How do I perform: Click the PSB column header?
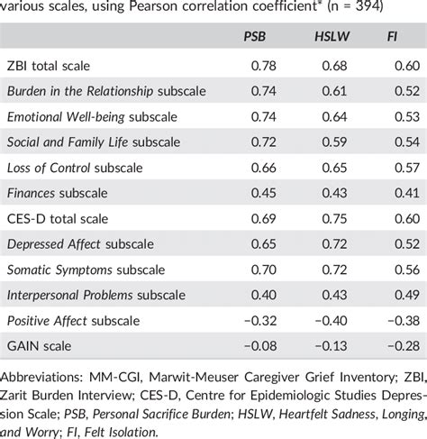(255, 36)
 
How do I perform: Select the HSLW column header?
(332, 36)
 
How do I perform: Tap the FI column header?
(392, 36)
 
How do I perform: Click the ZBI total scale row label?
(49, 66)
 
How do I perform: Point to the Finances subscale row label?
(57, 193)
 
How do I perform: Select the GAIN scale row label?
(39, 346)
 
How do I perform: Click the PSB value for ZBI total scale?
(263, 66)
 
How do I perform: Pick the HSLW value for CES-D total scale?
(334, 218)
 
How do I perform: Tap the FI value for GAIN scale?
(404, 346)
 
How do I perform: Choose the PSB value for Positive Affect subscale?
(260, 321)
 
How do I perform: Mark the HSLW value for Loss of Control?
(334, 168)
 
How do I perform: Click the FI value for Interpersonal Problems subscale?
(407, 295)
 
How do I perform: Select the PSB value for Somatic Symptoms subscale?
(263, 270)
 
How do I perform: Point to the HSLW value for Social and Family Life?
(334, 142)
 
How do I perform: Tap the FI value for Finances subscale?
(407, 193)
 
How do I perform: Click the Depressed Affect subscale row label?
(80, 244)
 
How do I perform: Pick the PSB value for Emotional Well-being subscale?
(263, 116)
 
